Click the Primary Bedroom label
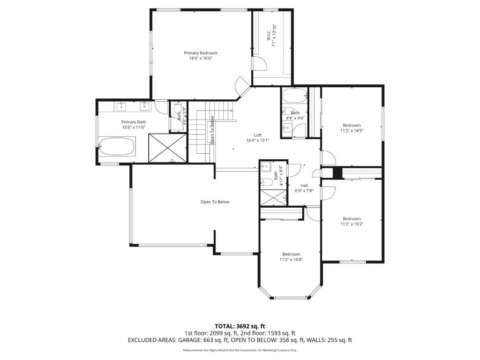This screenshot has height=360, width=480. tap(200, 53)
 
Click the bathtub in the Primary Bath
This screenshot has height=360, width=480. tap(117, 147)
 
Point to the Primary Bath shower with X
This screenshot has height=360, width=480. tap(167, 148)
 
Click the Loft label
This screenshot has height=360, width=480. tap(257, 135)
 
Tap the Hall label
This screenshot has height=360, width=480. tap(304, 185)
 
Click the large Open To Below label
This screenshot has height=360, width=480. tap(215, 202)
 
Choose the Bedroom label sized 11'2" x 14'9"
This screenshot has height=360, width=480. tap(352, 125)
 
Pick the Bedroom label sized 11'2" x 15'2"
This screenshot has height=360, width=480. tap(352, 219)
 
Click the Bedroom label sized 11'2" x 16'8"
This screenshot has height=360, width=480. tap(291, 254)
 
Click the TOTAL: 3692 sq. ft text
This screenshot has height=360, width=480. tap(240, 326)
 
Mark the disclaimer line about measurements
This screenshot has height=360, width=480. tap(240, 350)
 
